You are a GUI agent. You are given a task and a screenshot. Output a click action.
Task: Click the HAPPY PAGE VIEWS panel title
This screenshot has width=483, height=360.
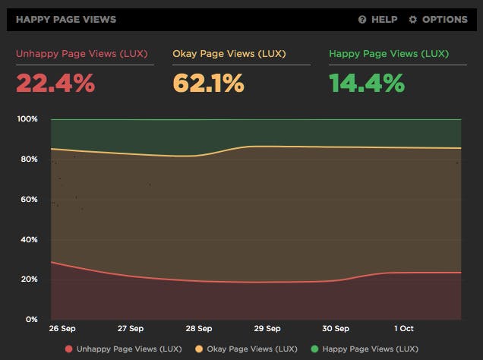(x=65, y=19)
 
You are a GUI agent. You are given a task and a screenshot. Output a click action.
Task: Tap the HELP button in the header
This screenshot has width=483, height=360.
(x=378, y=19)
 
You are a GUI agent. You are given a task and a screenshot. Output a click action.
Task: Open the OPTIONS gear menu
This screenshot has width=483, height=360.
(x=438, y=19)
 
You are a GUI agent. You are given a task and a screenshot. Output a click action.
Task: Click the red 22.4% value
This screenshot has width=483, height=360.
(x=55, y=82)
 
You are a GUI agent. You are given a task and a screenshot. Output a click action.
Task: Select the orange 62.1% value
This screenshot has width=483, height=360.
(x=208, y=82)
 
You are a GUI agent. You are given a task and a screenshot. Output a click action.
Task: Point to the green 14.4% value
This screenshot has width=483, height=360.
(x=367, y=82)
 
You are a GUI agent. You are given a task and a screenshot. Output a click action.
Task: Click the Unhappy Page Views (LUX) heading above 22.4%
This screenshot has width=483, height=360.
(x=82, y=54)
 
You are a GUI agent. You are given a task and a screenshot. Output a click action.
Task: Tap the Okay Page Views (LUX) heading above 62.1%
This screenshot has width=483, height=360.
(x=229, y=54)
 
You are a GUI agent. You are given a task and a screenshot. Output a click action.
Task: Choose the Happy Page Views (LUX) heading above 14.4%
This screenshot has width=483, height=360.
(x=389, y=54)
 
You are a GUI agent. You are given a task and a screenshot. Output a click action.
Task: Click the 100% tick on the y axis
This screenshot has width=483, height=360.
(x=27, y=119)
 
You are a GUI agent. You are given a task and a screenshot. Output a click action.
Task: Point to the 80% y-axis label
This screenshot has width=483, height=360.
(x=29, y=159)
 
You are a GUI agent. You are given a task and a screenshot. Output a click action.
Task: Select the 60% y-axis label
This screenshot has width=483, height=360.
(x=29, y=200)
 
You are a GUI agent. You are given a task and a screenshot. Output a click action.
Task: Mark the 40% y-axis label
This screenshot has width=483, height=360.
(x=29, y=239)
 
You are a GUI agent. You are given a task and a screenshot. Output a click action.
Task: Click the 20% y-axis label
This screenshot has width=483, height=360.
(x=29, y=279)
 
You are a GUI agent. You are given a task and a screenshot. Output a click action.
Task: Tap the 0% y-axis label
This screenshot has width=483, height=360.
(x=31, y=320)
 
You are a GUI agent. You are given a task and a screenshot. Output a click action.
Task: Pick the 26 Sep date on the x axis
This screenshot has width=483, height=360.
(x=62, y=330)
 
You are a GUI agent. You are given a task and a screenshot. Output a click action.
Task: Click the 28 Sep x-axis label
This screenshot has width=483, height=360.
(x=199, y=330)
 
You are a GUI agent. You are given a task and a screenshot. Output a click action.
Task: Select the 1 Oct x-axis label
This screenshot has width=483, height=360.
(x=403, y=330)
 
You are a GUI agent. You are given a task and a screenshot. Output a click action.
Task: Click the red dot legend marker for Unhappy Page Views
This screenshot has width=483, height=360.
(x=69, y=349)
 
